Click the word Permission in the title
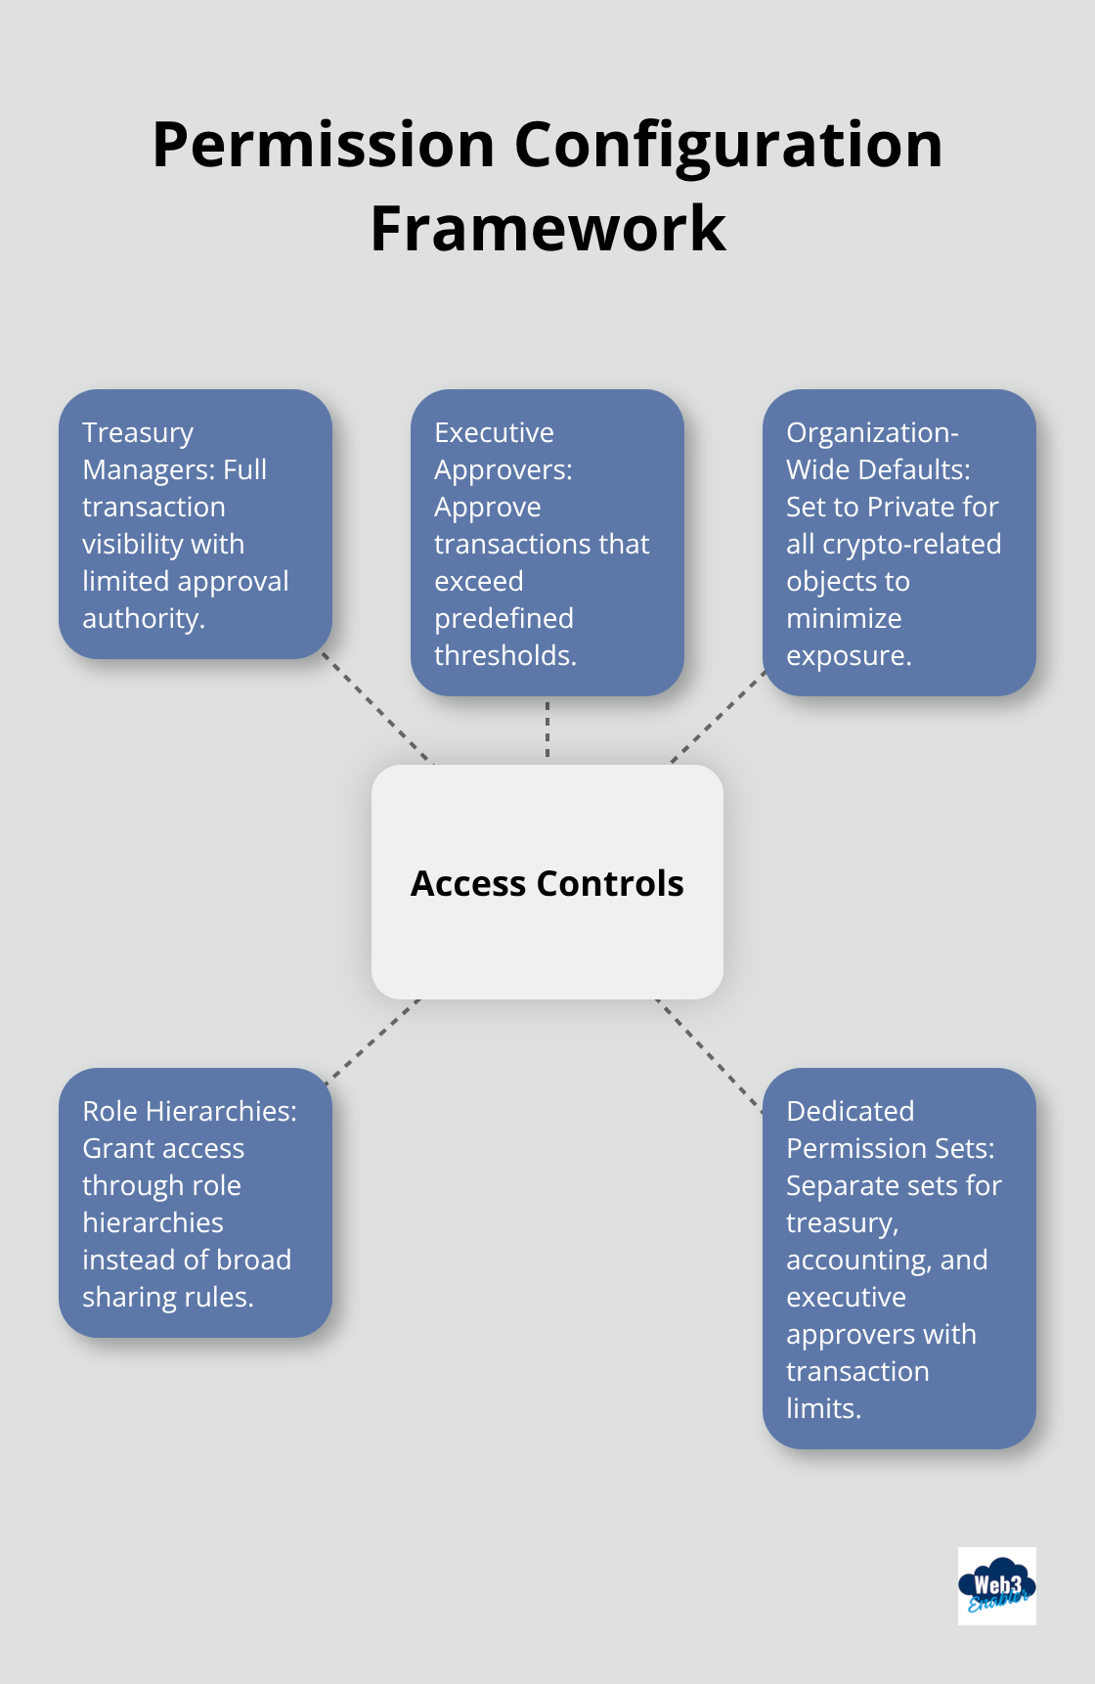point(324,145)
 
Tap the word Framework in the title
point(547,229)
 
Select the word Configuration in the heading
point(728,145)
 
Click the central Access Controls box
point(547,882)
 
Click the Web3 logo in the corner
point(996,1585)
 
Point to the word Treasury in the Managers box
point(138,432)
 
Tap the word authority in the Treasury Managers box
point(143,618)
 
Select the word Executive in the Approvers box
point(494,432)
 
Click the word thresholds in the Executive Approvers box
point(504,655)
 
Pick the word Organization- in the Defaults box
point(872,432)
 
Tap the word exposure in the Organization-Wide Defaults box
point(848,655)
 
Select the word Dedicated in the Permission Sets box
point(850,1111)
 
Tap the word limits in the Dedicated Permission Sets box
point(823,1408)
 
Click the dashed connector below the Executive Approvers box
point(547,730)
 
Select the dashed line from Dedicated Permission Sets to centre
point(710,1054)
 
